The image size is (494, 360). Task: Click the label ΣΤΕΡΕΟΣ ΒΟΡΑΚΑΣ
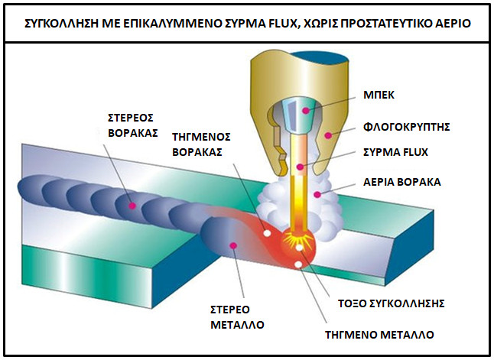[x=132, y=126]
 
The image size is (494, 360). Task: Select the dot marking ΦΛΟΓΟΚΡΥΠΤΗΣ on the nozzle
[x=327, y=135]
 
